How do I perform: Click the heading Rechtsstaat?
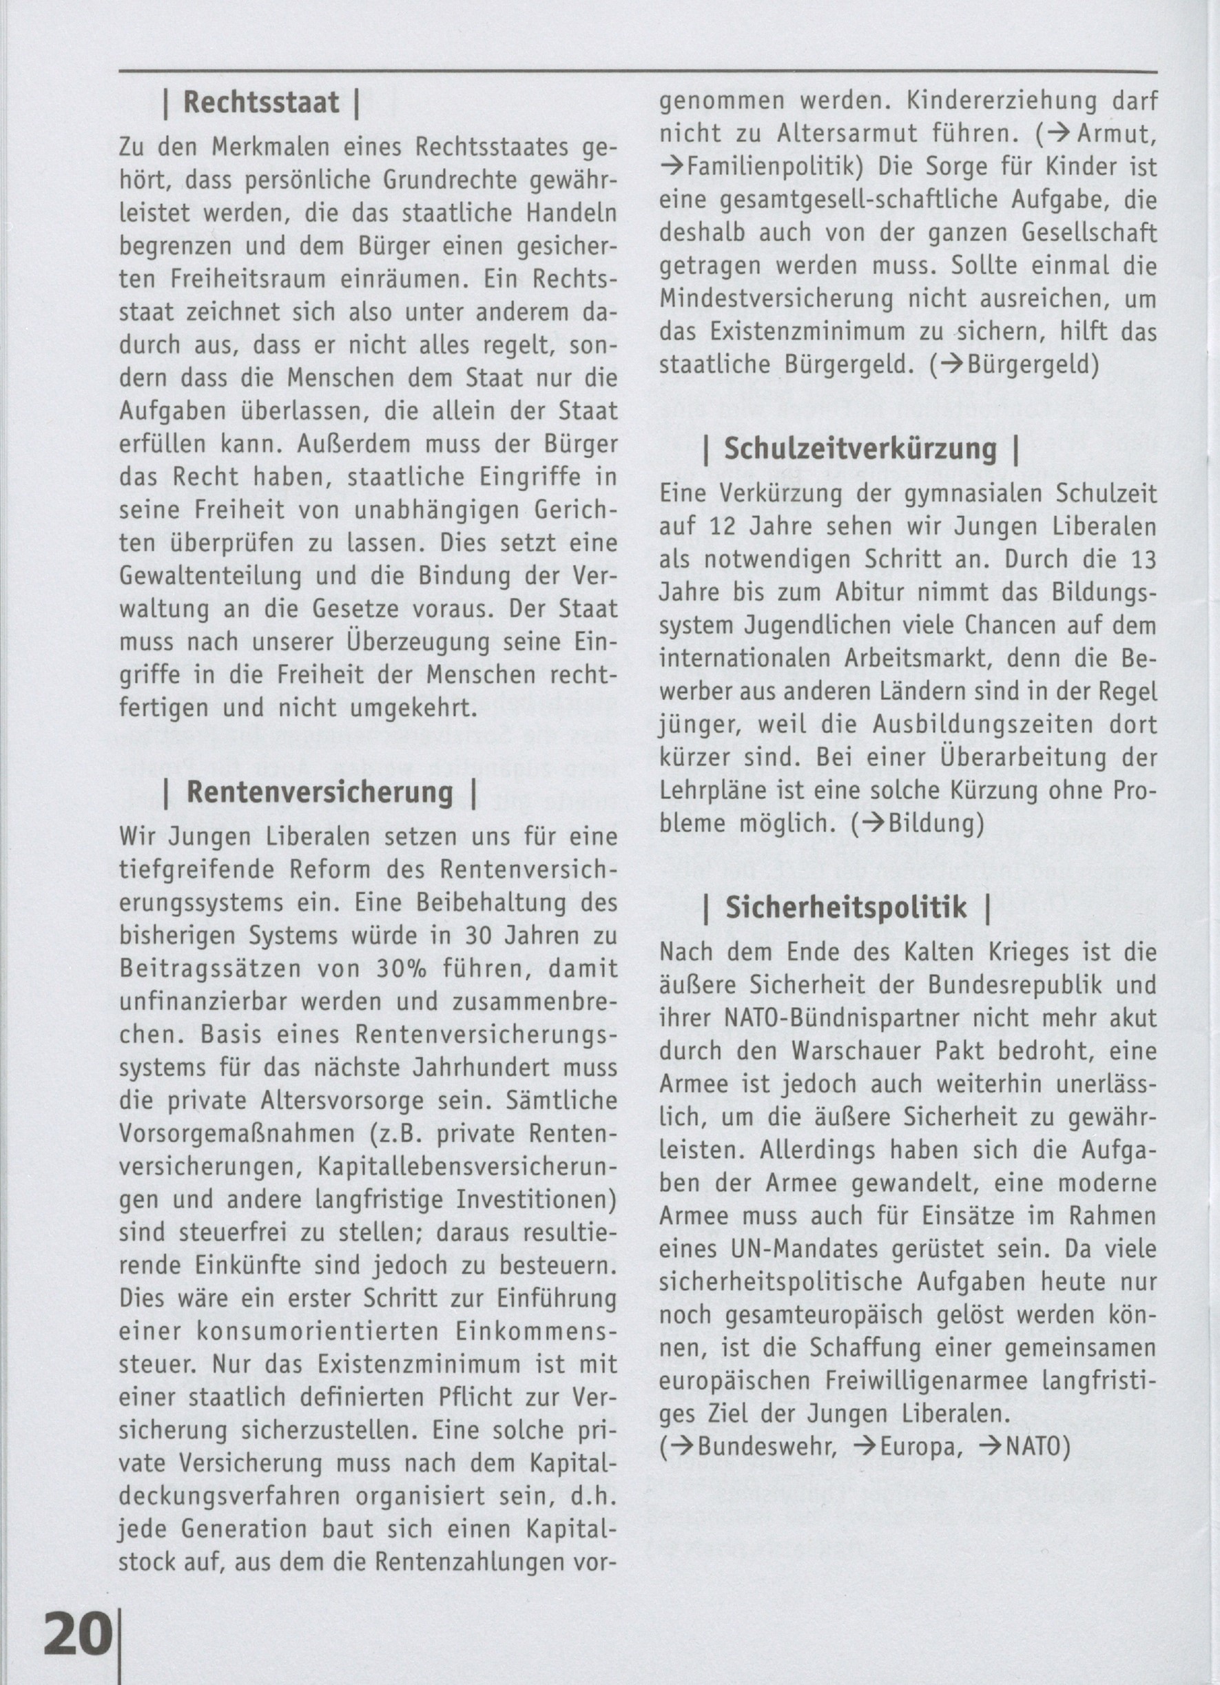(261, 103)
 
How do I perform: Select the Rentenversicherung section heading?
(320, 792)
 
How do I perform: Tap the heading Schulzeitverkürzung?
(860, 448)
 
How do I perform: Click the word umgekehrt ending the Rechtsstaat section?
(399, 708)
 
